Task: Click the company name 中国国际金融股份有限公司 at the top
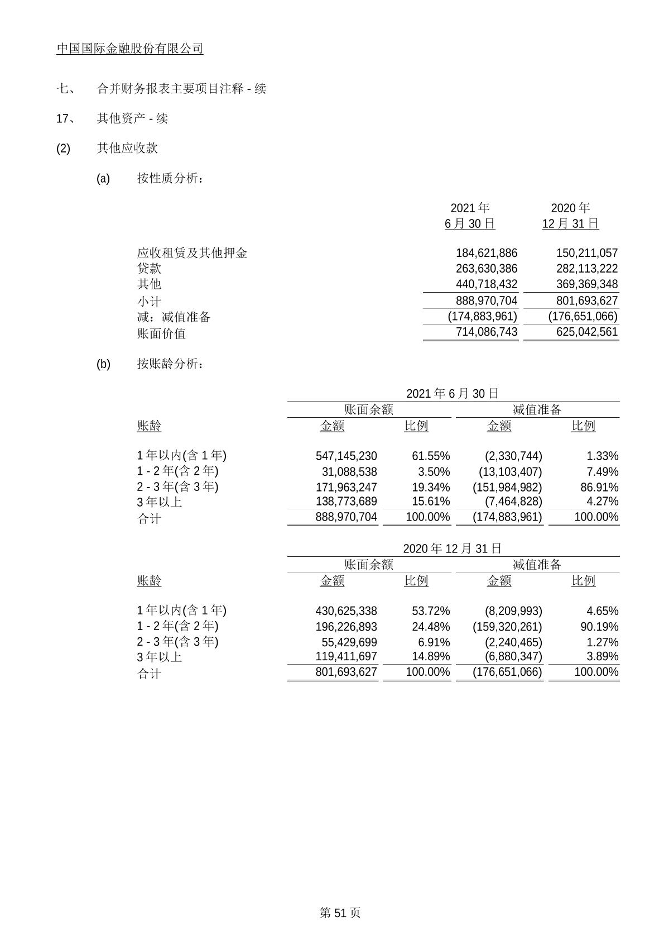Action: pyautogui.click(x=129, y=49)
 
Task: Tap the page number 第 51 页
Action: pyautogui.click(x=340, y=913)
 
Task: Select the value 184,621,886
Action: pyautogui.click(x=486, y=253)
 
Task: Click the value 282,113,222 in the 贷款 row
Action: pyautogui.click(x=586, y=269)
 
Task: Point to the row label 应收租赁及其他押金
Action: pyautogui.click(x=192, y=253)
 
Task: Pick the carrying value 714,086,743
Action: pyautogui.click(x=486, y=332)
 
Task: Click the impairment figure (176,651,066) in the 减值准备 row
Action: pyautogui.click(x=583, y=317)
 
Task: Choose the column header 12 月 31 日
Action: pyautogui.click(x=570, y=224)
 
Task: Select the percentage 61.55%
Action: pyautogui.click(x=431, y=456)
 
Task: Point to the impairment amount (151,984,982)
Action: pyautogui.click(x=507, y=487)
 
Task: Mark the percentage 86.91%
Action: pyautogui.click(x=599, y=487)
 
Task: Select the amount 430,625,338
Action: pyautogui.click(x=346, y=611)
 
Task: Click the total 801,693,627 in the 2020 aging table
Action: pyautogui.click(x=346, y=672)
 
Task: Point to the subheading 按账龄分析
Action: pyautogui.click(x=170, y=364)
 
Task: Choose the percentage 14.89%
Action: pyautogui.click(x=431, y=657)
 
